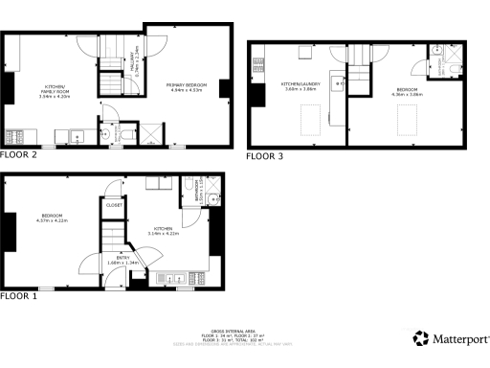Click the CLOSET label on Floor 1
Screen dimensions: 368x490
point(113,205)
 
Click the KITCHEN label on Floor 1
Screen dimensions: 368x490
point(160,229)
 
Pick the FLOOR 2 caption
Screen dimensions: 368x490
point(19,154)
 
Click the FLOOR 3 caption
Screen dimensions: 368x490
point(265,155)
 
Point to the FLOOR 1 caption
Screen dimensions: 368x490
point(19,297)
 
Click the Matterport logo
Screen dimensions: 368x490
point(452,338)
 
